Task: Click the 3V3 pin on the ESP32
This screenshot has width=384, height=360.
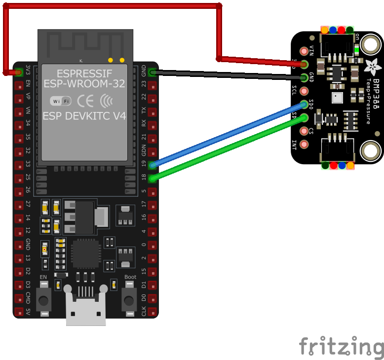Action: (x=19, y=72)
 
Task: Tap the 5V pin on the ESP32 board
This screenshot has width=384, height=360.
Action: (x=19, y=312)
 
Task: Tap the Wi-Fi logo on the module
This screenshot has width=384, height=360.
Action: (x=61, y=101)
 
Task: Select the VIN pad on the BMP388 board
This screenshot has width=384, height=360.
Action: (x=304, y=51)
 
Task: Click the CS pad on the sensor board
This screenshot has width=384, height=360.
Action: (x=304, y=131)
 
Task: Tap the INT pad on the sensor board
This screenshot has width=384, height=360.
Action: (x=304, y=144)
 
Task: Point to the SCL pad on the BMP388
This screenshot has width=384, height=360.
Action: (x=304, y=91)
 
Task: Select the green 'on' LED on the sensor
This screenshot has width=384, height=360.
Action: (x=356, y=50)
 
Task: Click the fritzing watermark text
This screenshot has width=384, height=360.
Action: (x=341, y=347)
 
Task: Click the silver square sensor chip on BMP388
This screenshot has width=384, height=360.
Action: (x=337, y=97)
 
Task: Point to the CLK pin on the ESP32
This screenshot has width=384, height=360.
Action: (x=153, y=312)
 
